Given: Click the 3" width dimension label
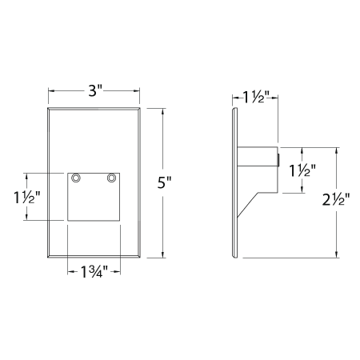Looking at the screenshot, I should pyautogui.click(x=95, y=91).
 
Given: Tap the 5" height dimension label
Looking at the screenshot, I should pyautogui.click(x=165, y=182).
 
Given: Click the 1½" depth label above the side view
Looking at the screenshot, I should pyautogui.click(x=255, y=98).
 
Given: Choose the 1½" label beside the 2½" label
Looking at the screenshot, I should pyautogui.click(x=302, y=170).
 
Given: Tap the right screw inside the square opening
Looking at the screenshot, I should pyautogui.click(x=111, y=177).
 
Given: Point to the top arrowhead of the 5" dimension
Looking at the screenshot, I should pyautogui.click(x=164, y=109).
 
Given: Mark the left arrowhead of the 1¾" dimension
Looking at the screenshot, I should pyautogui.click(x=70, y=270).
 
